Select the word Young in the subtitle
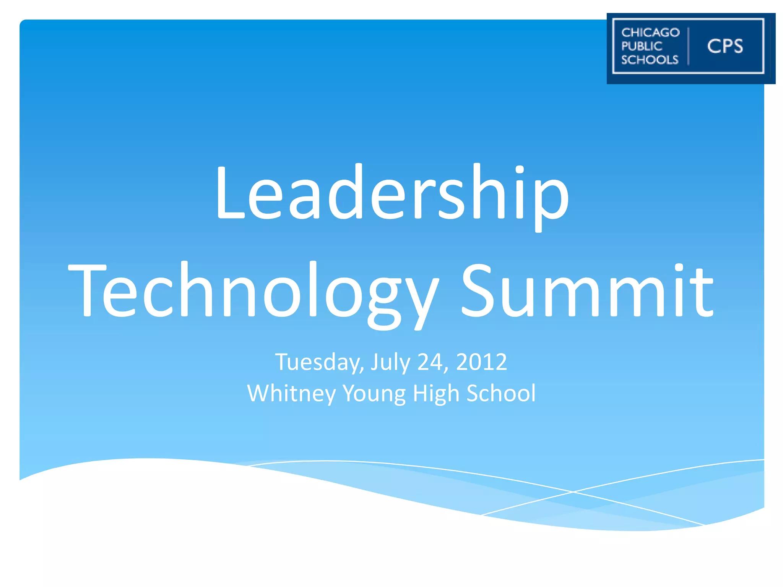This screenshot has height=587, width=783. click(374, 394)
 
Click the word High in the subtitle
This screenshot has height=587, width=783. click(436, 394)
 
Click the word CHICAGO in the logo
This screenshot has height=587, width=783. click(650, 32)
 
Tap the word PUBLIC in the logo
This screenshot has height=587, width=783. click(642, 46)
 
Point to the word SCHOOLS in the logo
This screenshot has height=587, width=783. click(650, 60)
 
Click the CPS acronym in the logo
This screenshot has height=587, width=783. click(725, 46)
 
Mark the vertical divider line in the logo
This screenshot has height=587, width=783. click(689, 46)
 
